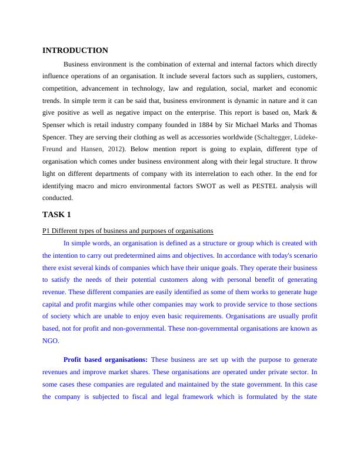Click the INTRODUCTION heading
tap(75, 51)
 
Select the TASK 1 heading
tap(56, 214)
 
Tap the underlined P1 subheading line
tap(128, 230)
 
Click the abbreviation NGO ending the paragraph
tap(51, 340)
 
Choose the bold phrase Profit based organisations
tap(105, 359)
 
